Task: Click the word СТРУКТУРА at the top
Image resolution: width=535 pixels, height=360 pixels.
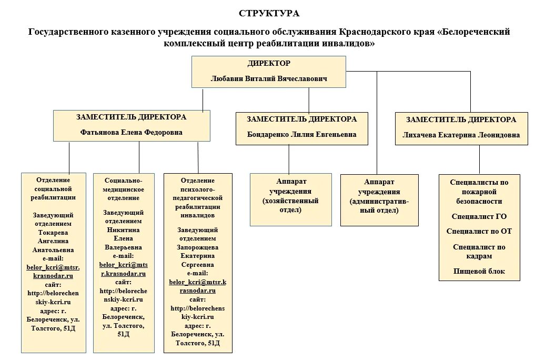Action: (269, 13)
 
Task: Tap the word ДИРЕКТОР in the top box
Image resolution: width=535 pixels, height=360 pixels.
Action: (268, 63)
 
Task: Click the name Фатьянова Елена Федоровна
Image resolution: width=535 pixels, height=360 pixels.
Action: (132, 133)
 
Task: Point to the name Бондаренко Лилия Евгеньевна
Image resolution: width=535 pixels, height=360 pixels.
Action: (301, 134)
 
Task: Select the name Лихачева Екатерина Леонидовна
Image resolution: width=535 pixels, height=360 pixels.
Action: (461, 135)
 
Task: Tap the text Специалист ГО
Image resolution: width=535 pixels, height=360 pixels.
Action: (479, 216)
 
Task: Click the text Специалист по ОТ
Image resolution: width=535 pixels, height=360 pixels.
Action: (479, 232)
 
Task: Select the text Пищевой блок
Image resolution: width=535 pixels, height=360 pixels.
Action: (479, 271)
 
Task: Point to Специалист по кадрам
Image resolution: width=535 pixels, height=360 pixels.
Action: (479, 252)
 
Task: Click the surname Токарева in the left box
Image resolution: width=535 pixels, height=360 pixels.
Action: (54, 232)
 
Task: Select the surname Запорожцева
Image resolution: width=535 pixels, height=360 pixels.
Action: (197, 247)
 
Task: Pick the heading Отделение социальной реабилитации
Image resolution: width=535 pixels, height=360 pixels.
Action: (54, 188)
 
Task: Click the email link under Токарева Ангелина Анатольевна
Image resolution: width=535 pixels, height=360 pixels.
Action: (53, 272)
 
